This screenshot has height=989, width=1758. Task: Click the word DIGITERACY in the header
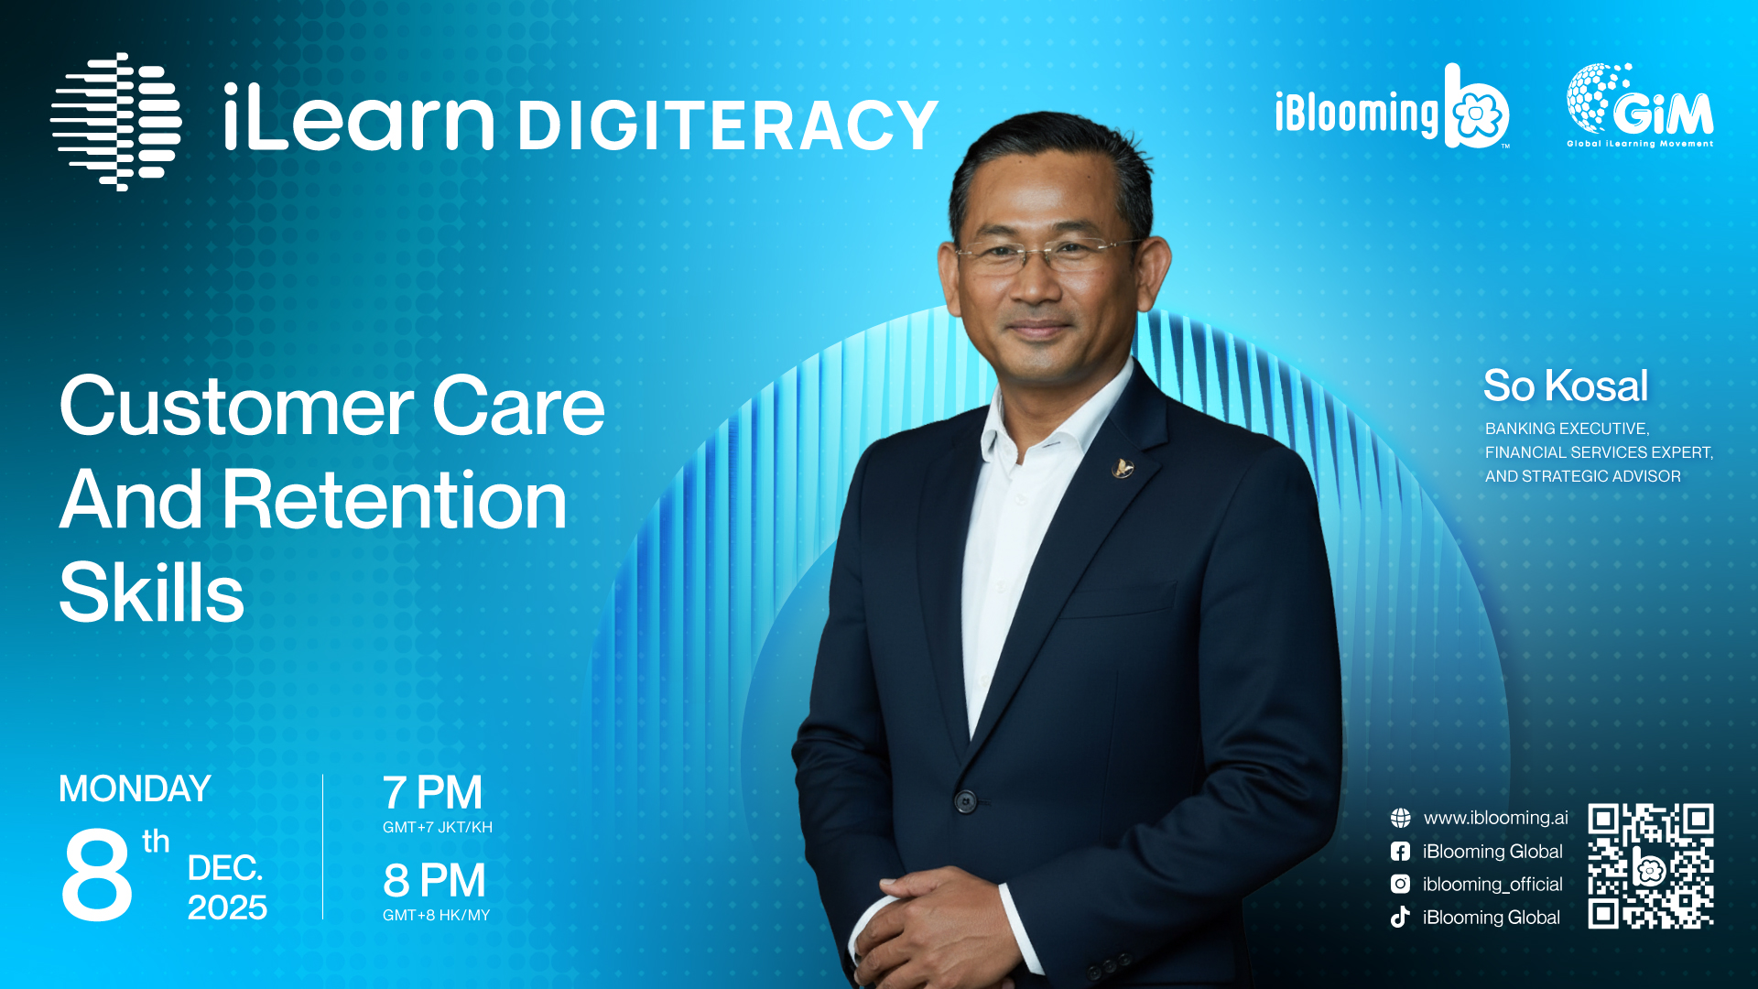click(728, 125)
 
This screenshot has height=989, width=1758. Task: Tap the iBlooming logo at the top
click(1392, 106)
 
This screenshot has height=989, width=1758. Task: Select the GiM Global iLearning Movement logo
click(1640, 105)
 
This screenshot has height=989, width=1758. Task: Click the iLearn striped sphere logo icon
click(116, 122)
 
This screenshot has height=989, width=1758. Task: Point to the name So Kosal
click(1566, 386)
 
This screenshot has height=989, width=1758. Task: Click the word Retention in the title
click(395, 500)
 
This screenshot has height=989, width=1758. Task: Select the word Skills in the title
click(152, 592)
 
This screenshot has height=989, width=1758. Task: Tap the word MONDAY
click(135, 788)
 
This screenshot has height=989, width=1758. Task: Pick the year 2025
click(227, 907)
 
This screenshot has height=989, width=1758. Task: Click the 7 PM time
click(432, 792)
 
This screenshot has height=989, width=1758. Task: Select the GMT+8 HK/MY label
click(437, 915)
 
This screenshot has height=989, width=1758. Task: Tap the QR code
click(1650, 866)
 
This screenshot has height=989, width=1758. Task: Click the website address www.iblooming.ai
click(1495, 818)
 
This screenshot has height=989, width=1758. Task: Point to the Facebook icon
click(1400, 852)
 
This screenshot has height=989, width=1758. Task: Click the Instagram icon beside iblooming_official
click(1400, 884)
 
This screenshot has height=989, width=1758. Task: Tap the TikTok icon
click(1400, 917)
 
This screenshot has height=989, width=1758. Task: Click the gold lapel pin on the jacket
click(1123, 469)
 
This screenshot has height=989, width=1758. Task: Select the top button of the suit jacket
click(965, 802)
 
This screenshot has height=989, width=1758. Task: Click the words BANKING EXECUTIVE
click(1567, 429)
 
